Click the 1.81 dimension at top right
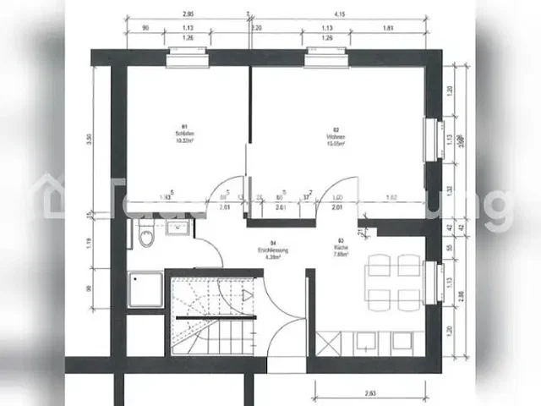[388, 27]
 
